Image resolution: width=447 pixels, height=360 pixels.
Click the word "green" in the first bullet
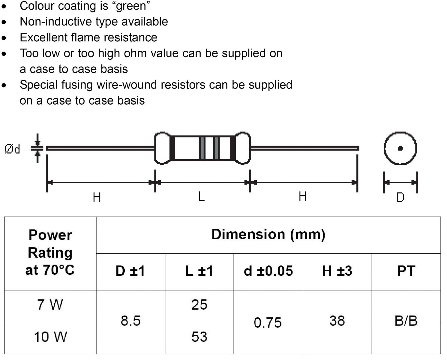click(132, 6)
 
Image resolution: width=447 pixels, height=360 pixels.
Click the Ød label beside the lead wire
click(12, 149)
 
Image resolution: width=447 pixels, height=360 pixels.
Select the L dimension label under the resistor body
click(201, 197)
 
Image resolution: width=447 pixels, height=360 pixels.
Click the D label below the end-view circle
click(400, 197)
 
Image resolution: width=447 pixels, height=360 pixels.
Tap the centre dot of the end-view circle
click(400, 148)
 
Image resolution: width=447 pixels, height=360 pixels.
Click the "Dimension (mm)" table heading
click(268, 234)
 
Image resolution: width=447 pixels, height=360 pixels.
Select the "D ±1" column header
click(130, 271)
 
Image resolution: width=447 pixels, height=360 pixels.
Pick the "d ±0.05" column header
click(268, 271)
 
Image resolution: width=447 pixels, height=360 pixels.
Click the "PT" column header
click(406, 271)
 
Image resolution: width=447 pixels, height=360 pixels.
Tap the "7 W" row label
click(50, 305)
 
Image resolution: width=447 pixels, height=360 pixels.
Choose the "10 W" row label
click(50, 337)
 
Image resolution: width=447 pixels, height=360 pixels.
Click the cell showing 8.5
click(130, 321)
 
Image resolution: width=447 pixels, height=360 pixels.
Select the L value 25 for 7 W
click(199, 305)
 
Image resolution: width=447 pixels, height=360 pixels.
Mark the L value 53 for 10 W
click(199, 337)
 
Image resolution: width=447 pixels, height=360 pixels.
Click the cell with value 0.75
click(268, 322)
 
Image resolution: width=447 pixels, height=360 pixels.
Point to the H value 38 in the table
click(337, 321)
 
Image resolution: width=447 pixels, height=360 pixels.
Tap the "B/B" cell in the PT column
click(406, 321)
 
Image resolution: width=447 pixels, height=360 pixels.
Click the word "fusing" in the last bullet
click(77, 85)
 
